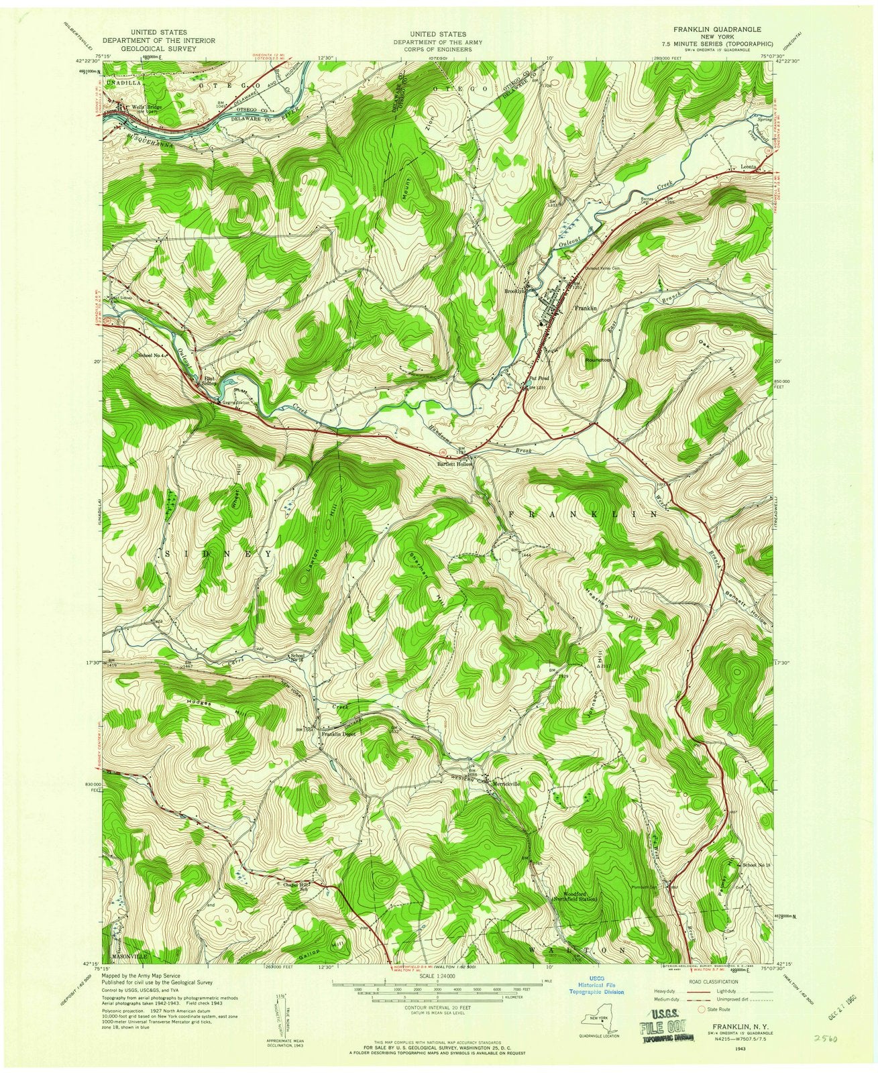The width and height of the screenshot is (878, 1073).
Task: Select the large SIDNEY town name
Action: pyautogui.click(x=219, y=555)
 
